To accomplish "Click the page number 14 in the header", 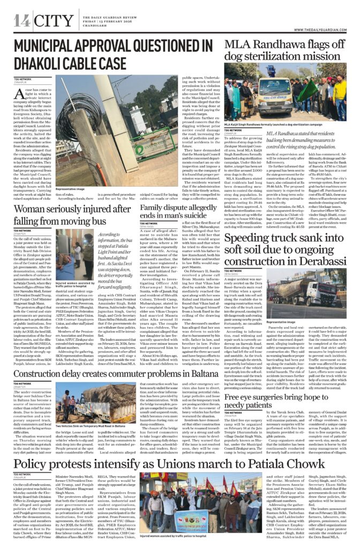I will pos(22,21).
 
